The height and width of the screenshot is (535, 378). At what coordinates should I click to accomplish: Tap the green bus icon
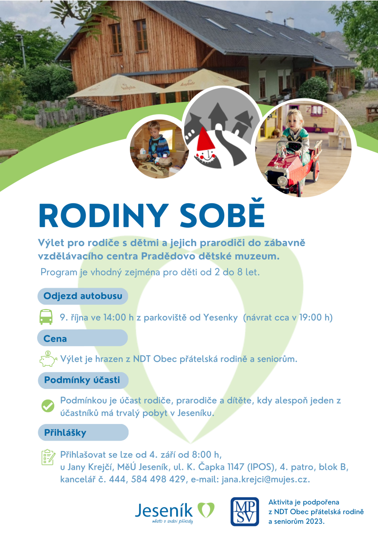pyautogui.click(x=46, y=317)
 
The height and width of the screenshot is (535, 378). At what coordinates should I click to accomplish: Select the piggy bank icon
pyautogui.click(x=48, y=358)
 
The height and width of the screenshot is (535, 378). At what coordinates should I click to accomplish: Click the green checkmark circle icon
pyautogui.click(x=48, y=406)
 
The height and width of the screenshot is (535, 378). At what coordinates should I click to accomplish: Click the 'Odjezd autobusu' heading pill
pyautogui.click(x=83, y=296)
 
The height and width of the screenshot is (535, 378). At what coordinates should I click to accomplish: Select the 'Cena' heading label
pyautogui.click(x=55, y=339)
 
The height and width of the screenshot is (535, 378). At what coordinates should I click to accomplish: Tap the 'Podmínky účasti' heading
pyautogui.click(x=82, y=380)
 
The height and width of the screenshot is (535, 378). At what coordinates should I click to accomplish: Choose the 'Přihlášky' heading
pyautogui.click(x=65, y=433)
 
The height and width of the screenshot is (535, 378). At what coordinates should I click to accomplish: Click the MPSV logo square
pyautogui.click(x=245, y=512)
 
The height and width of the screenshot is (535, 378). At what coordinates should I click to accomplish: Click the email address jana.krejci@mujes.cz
pyautogui.click(x=266, y=479)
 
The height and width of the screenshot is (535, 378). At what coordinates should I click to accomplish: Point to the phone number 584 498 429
pyautogui.click(x=158, y=479)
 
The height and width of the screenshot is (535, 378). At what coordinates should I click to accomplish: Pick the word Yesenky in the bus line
pyautogui.click(x=220, y=317)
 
